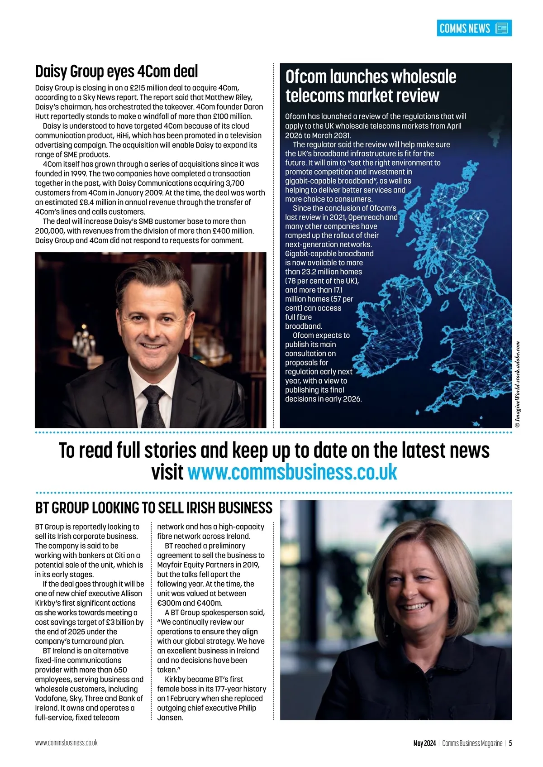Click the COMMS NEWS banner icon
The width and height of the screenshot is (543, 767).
point(502,29)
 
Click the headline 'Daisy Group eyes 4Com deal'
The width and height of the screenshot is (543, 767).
point(117,72)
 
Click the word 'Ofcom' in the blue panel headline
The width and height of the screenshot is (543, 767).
point(306,77)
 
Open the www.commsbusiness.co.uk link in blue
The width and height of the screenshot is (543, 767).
point(292,472)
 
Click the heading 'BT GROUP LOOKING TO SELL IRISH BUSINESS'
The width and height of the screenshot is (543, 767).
point(154,508)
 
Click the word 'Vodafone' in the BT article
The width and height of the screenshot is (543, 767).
point(51,699)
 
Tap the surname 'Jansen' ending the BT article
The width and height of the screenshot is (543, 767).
point(170,718)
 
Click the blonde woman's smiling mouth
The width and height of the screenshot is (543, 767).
point(414,606)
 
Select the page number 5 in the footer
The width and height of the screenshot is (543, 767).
point(510,743)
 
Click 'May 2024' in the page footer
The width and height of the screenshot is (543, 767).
point(424,743)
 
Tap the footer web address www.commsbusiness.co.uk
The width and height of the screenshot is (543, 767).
point(67,743)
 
